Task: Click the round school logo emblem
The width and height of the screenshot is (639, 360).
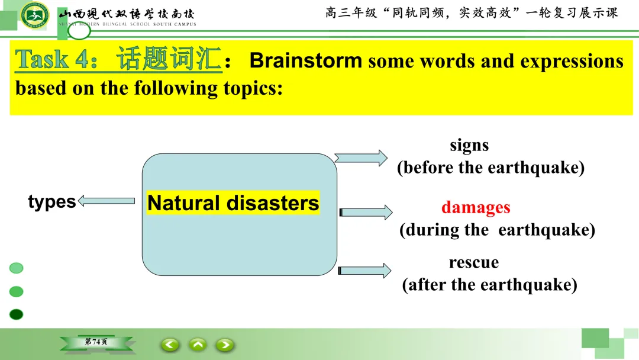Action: [x=35, y=15]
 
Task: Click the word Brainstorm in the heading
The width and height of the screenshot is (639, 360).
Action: [x=306, y=60]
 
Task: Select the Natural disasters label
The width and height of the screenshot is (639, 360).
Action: [x=233, y=202]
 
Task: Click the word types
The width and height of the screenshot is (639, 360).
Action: [x=51, y=202]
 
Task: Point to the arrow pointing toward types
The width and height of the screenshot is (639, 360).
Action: [x=106, y=201]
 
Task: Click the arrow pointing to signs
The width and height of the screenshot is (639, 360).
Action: [x=361, y=157]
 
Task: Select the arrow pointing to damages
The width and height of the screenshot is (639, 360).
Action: [x=366, y=212]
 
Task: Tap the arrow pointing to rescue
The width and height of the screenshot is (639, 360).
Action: [x=364, y=271]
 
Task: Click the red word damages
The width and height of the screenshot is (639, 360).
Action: [x=476, y=207]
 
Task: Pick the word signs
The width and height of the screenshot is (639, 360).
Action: [x=469, y=146]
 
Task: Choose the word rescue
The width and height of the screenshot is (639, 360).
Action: [x=473, y=262]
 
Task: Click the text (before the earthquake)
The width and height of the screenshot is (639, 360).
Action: [x=490, y=168]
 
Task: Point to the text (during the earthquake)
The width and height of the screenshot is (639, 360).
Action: [x=497, y=230]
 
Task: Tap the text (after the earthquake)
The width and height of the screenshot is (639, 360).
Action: [x=489, y=284]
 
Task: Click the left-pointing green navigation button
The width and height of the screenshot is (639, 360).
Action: [x=170, y=345]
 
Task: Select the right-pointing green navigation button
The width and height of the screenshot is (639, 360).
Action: [x=225, y=345]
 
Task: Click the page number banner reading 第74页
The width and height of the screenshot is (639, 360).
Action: [x=96, y=342]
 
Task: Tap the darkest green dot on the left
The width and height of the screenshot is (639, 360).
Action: [x=17, y=314]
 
